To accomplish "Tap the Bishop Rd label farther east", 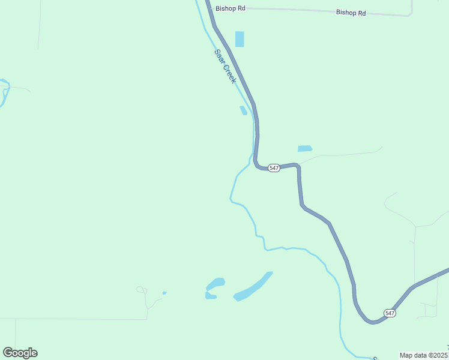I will coord(351,12).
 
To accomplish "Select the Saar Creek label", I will coord(225,66).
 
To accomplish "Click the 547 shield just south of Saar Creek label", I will coord(274,168).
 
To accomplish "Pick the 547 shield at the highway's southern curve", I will coord(390,313).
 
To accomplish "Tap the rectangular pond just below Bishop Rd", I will coord(240,39).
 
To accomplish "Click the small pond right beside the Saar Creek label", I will coord(244,110).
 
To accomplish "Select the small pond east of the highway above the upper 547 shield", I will coord(305,148).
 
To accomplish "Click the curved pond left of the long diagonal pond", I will coord(215,283).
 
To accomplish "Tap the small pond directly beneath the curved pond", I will coord(210,296).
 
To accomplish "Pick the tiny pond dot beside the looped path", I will coord(164,293).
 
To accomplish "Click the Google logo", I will coord(20,353).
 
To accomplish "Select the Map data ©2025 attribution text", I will coord(423,355).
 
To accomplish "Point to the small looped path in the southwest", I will coord(142,290).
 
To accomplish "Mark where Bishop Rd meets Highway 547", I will coord(208,8).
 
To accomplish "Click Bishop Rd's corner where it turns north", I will coord(411,14).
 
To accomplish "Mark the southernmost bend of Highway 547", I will coord(373,322).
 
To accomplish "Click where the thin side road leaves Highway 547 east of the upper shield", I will coord(298,164).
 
